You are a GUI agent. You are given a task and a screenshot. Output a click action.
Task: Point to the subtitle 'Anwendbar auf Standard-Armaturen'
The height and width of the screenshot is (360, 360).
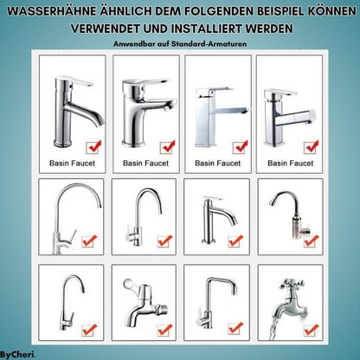[x=180, y=43]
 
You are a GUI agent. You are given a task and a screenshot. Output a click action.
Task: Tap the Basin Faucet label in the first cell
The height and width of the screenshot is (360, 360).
[x=65, y=162]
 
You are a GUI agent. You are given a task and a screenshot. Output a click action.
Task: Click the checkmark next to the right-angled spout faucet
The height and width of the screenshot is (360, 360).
[x=234, y=329]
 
